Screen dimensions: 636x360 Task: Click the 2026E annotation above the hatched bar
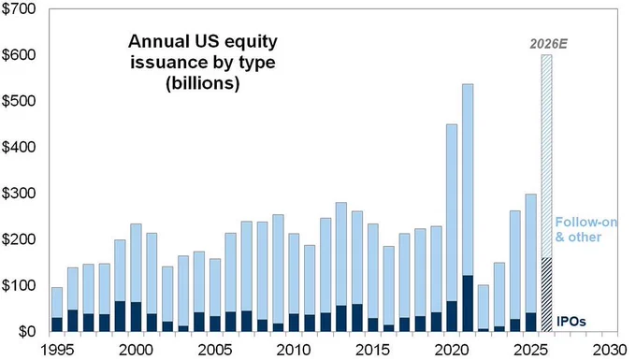[548, 44]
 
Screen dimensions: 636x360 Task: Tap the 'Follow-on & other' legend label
[585, 229]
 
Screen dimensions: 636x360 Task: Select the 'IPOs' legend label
[571, 322]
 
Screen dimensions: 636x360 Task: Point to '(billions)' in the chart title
[202, 83]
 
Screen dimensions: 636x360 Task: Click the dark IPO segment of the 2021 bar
[468, 304]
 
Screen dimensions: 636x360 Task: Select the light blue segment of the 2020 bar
[452, 213]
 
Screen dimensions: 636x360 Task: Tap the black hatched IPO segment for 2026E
[547, 295]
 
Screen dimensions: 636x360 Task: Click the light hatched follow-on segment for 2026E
[547, 156]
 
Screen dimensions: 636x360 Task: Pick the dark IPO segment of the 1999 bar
[120, 316]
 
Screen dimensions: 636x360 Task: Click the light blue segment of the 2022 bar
[484, 307]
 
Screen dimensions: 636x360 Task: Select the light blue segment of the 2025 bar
[531, 253]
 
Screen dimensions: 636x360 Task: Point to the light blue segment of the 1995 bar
[57, 302]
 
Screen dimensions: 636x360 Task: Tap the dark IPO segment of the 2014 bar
[357, 318]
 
